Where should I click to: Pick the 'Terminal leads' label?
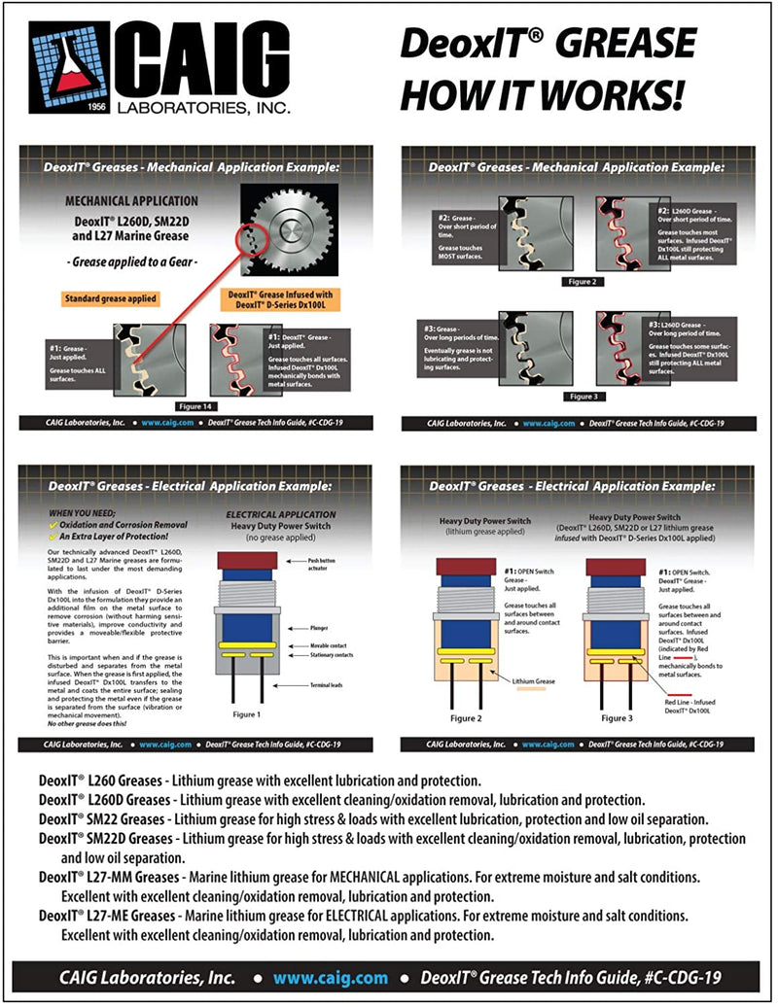pyautogui.click(x=329, y=686)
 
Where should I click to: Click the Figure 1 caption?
pyautogui.click(x=245, y=714)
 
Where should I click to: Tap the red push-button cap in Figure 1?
pyautogui.click(x=247, y=560)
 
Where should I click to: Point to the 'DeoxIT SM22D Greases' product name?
pyautogui.click(x=103, y=838)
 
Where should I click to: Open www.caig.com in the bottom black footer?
pyautogui.click(x=330, y=978)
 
